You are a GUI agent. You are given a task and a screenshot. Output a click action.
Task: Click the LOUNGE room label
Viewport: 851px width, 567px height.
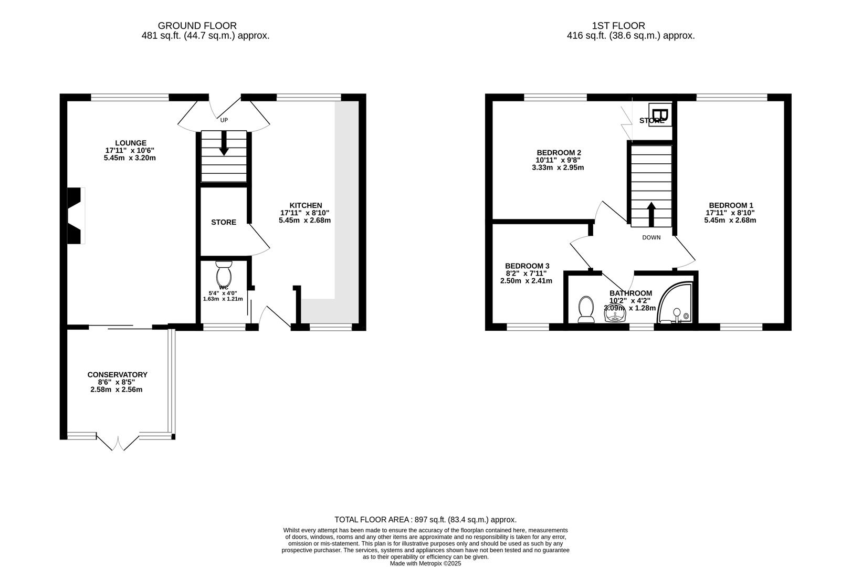[131, 143]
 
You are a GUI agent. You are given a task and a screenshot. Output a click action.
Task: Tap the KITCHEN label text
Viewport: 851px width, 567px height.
[306, 205]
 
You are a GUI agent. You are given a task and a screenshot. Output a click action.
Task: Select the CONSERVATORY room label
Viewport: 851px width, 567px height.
[117, 374]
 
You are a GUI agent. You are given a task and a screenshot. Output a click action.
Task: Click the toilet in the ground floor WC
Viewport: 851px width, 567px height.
[224, 273]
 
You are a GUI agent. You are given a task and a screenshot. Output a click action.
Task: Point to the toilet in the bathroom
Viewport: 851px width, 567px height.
[585, 310]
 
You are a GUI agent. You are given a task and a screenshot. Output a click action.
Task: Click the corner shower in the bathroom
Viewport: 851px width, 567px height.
[677, 303]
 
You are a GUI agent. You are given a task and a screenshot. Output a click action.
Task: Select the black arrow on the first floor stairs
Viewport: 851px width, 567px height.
[651, 213]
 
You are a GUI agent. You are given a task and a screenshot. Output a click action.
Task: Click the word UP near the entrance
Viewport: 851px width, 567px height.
[224, 120]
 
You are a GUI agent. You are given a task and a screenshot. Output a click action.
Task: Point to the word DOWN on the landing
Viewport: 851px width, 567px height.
[651, 237]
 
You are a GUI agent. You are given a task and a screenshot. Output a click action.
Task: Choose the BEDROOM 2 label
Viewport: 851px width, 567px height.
[559, 153]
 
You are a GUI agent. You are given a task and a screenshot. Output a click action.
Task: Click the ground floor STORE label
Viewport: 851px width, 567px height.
[224, 222]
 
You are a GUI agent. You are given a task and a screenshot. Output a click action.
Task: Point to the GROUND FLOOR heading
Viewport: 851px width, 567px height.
[197, 25]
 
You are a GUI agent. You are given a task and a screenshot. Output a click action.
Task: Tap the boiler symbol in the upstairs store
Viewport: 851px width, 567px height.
[660, 114]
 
